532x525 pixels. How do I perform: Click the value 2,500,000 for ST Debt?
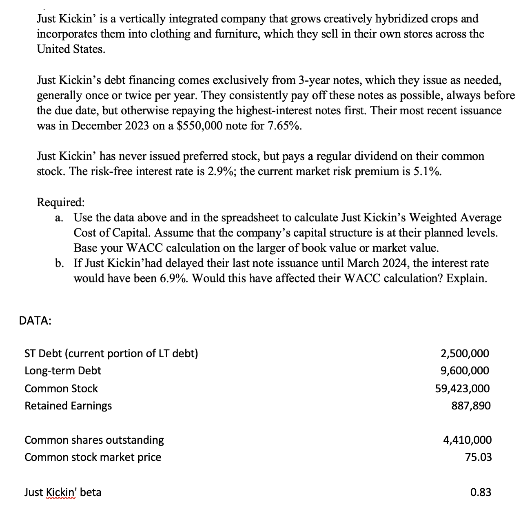pos(465,354)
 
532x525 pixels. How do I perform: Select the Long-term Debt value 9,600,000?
pos(465,371)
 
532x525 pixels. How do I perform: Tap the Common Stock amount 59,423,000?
pos(462,389)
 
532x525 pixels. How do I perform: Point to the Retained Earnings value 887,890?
pos(471,406)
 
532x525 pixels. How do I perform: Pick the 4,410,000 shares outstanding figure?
pos(467,440)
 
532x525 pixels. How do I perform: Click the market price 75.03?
pos(479,457)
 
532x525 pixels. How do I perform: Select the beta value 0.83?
pos(481,492)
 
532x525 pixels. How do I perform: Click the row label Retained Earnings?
pos(68,406)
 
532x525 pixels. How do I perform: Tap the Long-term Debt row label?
pos(63,371)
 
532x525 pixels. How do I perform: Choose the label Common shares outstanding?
pos(94,440)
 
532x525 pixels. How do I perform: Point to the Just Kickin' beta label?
pos(63,492)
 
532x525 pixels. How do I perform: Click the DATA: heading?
pos(35,321)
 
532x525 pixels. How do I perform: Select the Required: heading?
pos(61,202)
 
